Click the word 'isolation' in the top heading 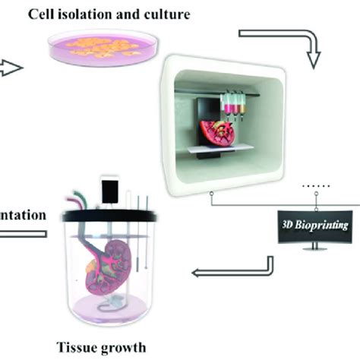[106, 14]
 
